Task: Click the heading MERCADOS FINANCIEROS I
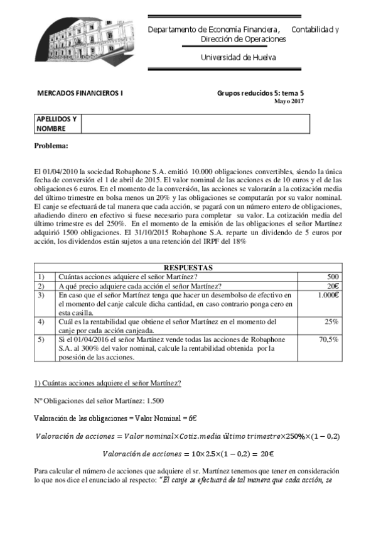81,92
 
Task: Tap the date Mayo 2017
289,101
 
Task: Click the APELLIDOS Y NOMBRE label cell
56,124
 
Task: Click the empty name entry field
195,124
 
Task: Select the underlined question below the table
107,383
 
